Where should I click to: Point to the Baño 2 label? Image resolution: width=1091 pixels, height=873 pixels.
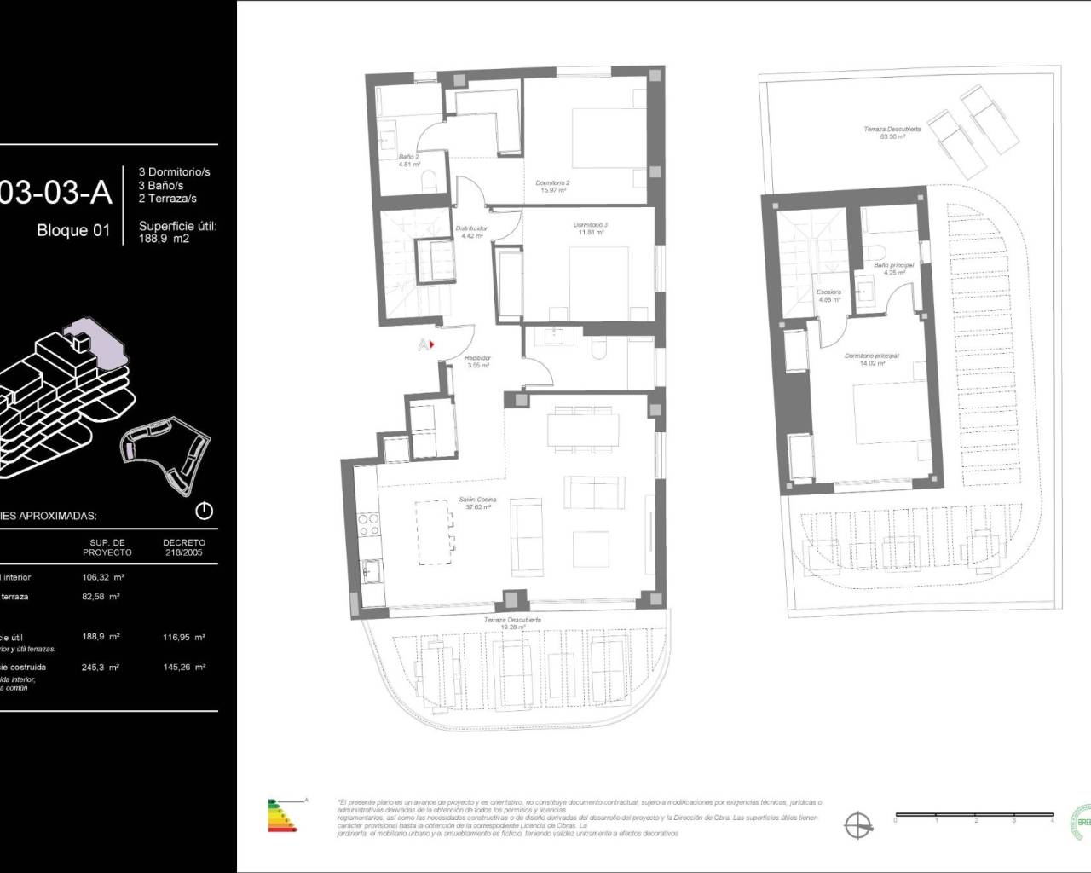(x=409, y=160)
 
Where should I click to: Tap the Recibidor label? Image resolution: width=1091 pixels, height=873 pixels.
(x=477, y=361)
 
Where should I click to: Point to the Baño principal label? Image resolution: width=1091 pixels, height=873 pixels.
(x=893, y=269)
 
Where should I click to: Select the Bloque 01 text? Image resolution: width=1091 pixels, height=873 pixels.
(x=73, y=230)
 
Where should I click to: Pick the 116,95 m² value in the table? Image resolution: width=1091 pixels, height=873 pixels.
(x=184, y=637)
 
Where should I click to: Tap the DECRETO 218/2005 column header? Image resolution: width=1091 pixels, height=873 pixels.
(x=184, y=546)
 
